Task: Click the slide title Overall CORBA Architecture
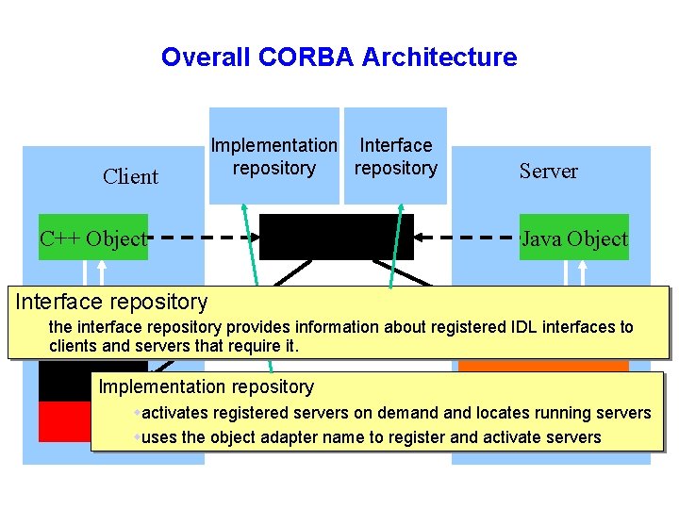339,57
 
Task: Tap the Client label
130,176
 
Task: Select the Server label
548,171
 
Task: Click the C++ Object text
92,238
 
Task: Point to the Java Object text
574,238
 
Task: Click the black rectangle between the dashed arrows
336,237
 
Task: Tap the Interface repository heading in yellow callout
111,302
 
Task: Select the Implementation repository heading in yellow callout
206,386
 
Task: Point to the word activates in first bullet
175,413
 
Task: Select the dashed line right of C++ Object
203,238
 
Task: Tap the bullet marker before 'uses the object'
138,437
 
